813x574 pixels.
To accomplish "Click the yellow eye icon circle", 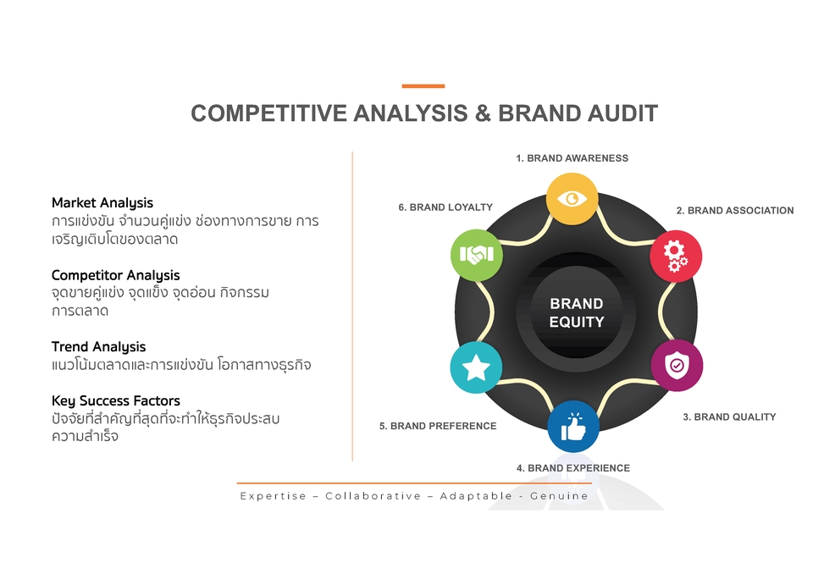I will [572, 199].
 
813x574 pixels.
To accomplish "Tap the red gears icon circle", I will [675, 256].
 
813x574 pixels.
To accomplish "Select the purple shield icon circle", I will [676, 366].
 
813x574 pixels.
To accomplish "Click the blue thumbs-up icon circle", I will [573, 427].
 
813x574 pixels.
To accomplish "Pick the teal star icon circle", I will [476, 367].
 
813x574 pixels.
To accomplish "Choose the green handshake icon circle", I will [476, 254].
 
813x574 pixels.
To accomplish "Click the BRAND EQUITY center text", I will [576, 312].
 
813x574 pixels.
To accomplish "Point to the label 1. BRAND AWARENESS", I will [572, 158].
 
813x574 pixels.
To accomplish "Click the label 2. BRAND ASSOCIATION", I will [734, 211].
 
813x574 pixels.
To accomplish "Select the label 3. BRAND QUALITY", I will [729, 417].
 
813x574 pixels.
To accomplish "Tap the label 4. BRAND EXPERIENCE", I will [572, 468].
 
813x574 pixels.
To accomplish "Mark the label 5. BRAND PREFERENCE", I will [437, 426].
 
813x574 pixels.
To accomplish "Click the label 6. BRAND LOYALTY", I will [445, 207].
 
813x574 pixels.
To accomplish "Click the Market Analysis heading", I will [102, 203].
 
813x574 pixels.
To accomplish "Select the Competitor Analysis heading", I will [115, 275].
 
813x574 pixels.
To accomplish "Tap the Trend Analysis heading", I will [98, 347].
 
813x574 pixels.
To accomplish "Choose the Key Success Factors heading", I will [115, 400].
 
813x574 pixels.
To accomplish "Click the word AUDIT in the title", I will [614, 114].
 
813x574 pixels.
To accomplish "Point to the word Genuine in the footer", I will [559, 496].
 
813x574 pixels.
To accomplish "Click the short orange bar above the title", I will [423, 86].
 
